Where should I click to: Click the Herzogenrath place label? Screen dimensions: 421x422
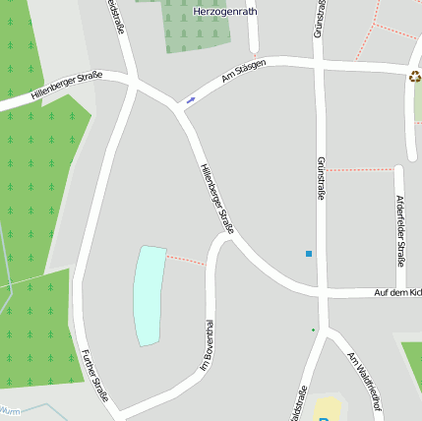click(225, 11)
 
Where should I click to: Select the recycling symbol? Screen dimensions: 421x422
click(414, 77)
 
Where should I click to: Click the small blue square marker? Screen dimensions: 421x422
click(309, 254)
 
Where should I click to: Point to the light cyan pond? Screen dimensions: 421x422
click(149, 295)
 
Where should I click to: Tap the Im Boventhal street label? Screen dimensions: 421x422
click(208, 345)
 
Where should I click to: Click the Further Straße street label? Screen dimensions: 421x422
click(95, 376)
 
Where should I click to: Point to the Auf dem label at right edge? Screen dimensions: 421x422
click(397, 293)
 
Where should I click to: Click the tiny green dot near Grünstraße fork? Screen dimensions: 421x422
click(314, 330)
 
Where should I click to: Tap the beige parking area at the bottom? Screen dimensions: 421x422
click(328, 408)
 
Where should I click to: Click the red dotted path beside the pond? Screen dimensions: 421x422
click(185, 260)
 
